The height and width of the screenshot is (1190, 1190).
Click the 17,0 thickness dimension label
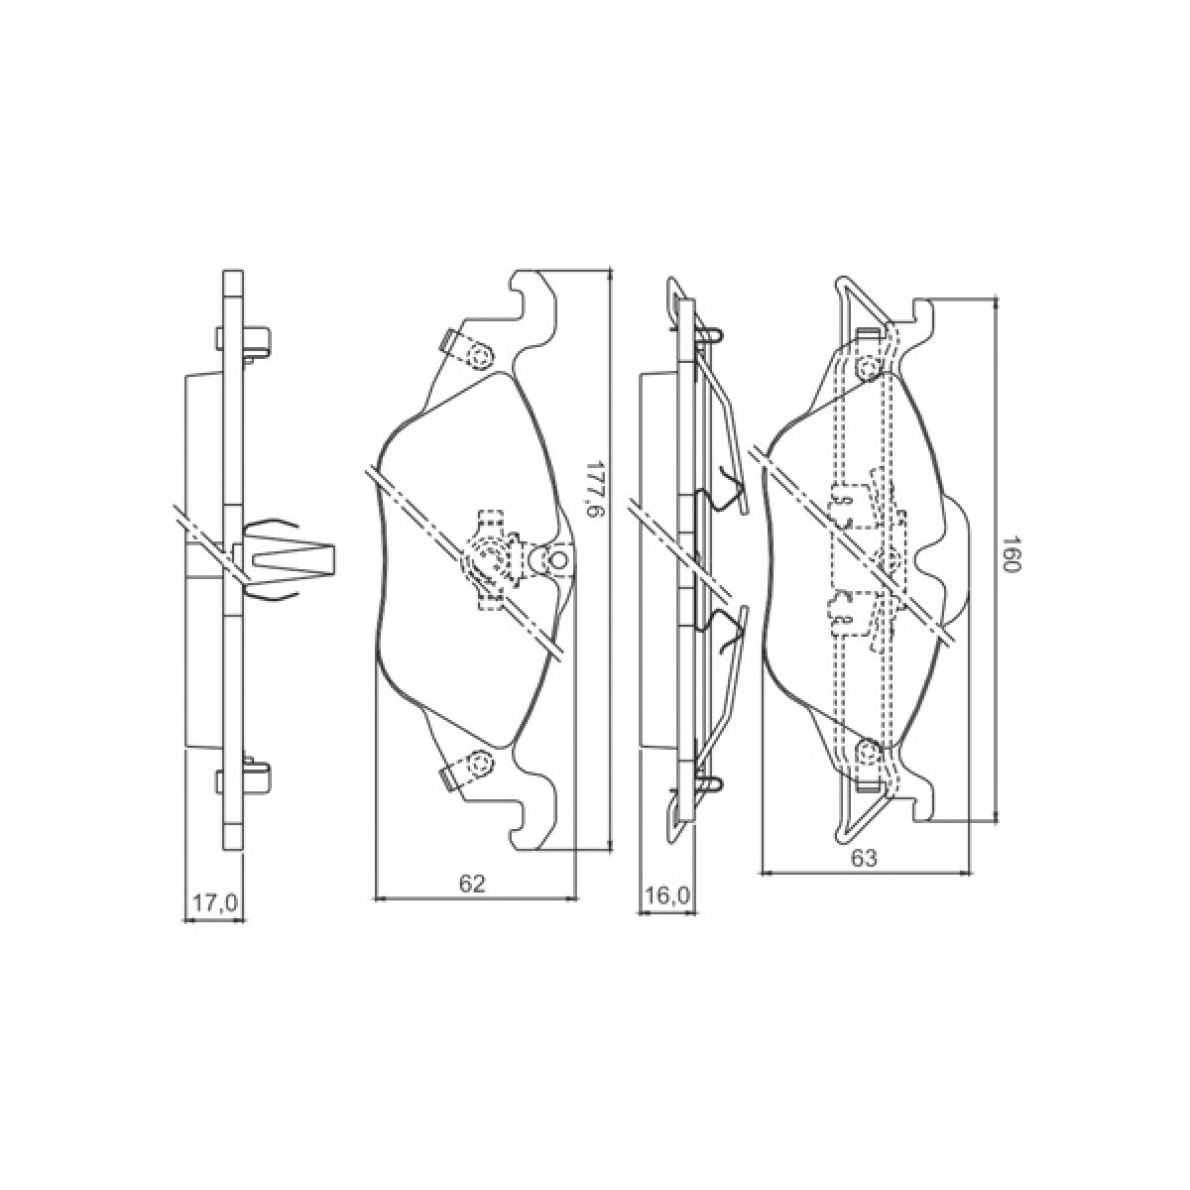[x=215, y=904]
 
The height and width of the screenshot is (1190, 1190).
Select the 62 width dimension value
[x=472, y=884]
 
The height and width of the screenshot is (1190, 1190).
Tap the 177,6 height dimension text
[x=593, y=490]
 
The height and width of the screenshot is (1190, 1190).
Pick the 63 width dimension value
[x=864, y=858]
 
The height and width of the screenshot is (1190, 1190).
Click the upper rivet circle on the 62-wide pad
[x=480, y=356]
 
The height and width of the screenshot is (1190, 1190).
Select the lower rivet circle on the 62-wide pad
[x=480, y=764]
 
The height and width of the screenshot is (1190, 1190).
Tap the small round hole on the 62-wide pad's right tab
[x=557, y=560]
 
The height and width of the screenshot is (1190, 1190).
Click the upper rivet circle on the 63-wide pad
[x=869, y=368]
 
